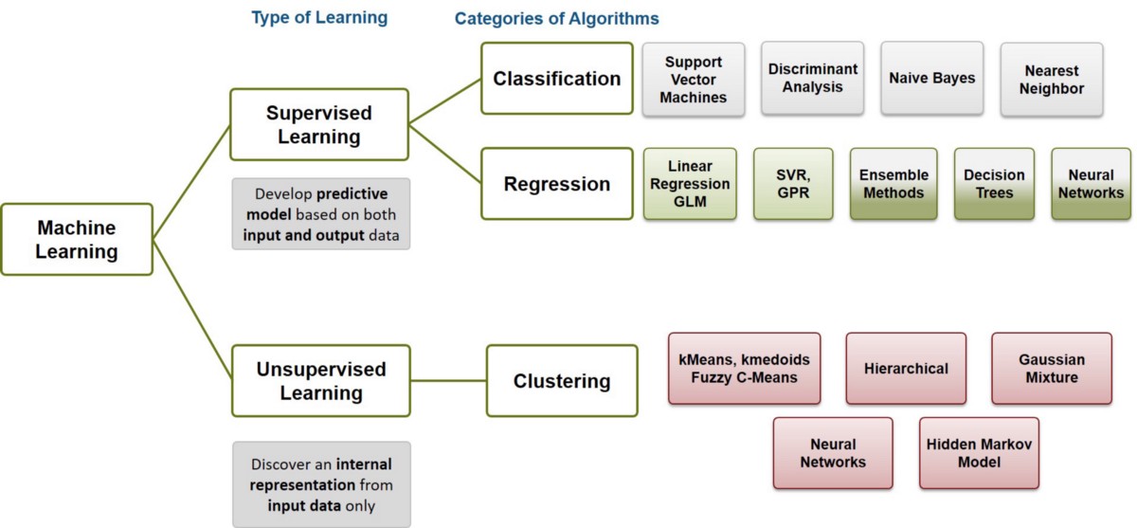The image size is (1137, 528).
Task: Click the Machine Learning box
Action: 77,240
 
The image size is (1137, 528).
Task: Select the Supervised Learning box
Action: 319,125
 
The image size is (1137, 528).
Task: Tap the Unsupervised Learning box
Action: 321,380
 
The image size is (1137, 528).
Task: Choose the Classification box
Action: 557,79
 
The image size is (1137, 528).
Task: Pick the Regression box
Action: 557,184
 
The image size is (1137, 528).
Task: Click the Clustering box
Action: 562,381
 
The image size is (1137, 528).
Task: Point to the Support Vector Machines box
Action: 695,80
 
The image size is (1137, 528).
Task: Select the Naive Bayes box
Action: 932,79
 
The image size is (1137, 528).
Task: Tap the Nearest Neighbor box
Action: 1052,80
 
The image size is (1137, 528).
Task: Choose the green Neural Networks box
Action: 1091,184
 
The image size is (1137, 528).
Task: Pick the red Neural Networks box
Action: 833,453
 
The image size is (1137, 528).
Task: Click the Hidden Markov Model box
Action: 979,453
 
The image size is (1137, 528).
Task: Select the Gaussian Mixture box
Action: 1052,369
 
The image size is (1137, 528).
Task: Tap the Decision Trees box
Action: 994,184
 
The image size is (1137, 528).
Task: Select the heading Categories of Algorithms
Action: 556,18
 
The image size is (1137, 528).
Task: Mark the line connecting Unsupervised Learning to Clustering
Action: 448,381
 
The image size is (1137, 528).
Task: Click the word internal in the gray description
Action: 363,464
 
